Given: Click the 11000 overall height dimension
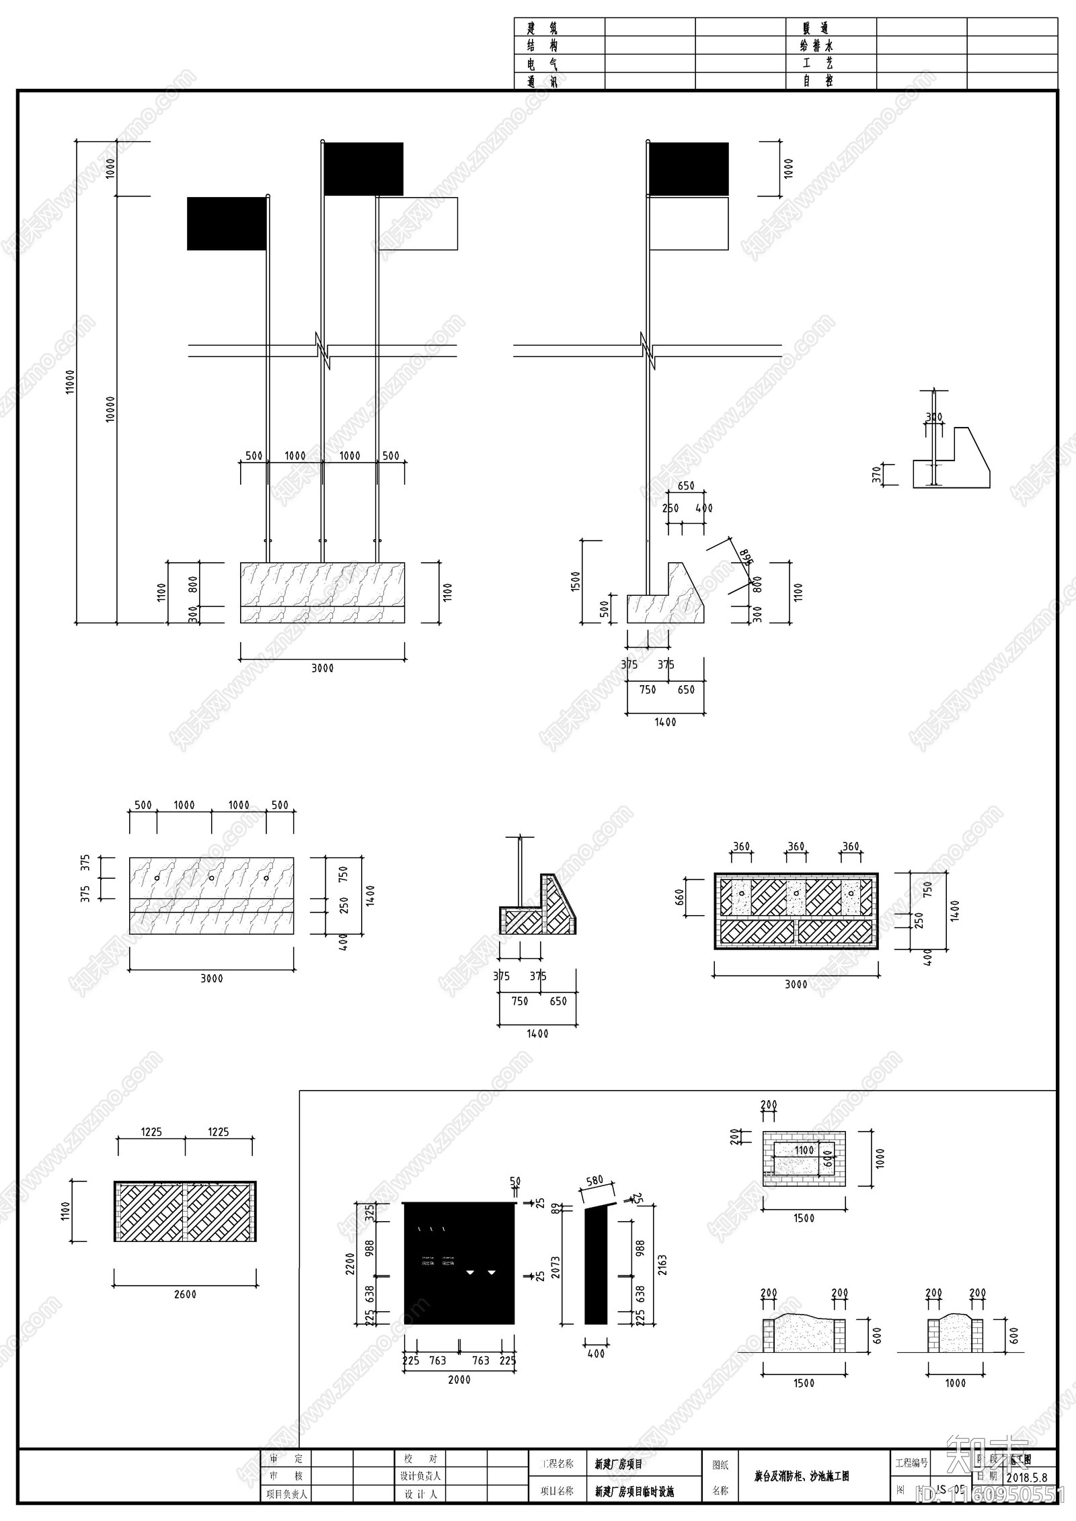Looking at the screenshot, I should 71,381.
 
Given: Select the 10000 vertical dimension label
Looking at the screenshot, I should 111,409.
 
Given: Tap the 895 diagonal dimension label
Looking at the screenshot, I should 745,557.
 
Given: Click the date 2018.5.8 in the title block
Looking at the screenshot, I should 1027,1477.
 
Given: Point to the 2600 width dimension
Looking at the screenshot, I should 185,1294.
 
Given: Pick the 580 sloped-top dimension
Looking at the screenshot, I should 594,1181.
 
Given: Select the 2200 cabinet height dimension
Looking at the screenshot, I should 350,1264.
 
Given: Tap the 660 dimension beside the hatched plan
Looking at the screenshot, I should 679,897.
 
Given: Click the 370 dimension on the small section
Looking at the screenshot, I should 876,475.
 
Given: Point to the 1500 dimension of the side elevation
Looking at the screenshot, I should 576,580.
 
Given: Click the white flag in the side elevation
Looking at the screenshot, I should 689,223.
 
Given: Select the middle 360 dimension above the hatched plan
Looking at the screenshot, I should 796,847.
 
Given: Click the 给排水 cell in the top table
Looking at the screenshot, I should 816,46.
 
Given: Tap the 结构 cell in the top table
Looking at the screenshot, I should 542,46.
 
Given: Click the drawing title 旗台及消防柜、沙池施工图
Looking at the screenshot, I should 802,1477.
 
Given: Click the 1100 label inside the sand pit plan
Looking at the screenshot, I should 804,1150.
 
